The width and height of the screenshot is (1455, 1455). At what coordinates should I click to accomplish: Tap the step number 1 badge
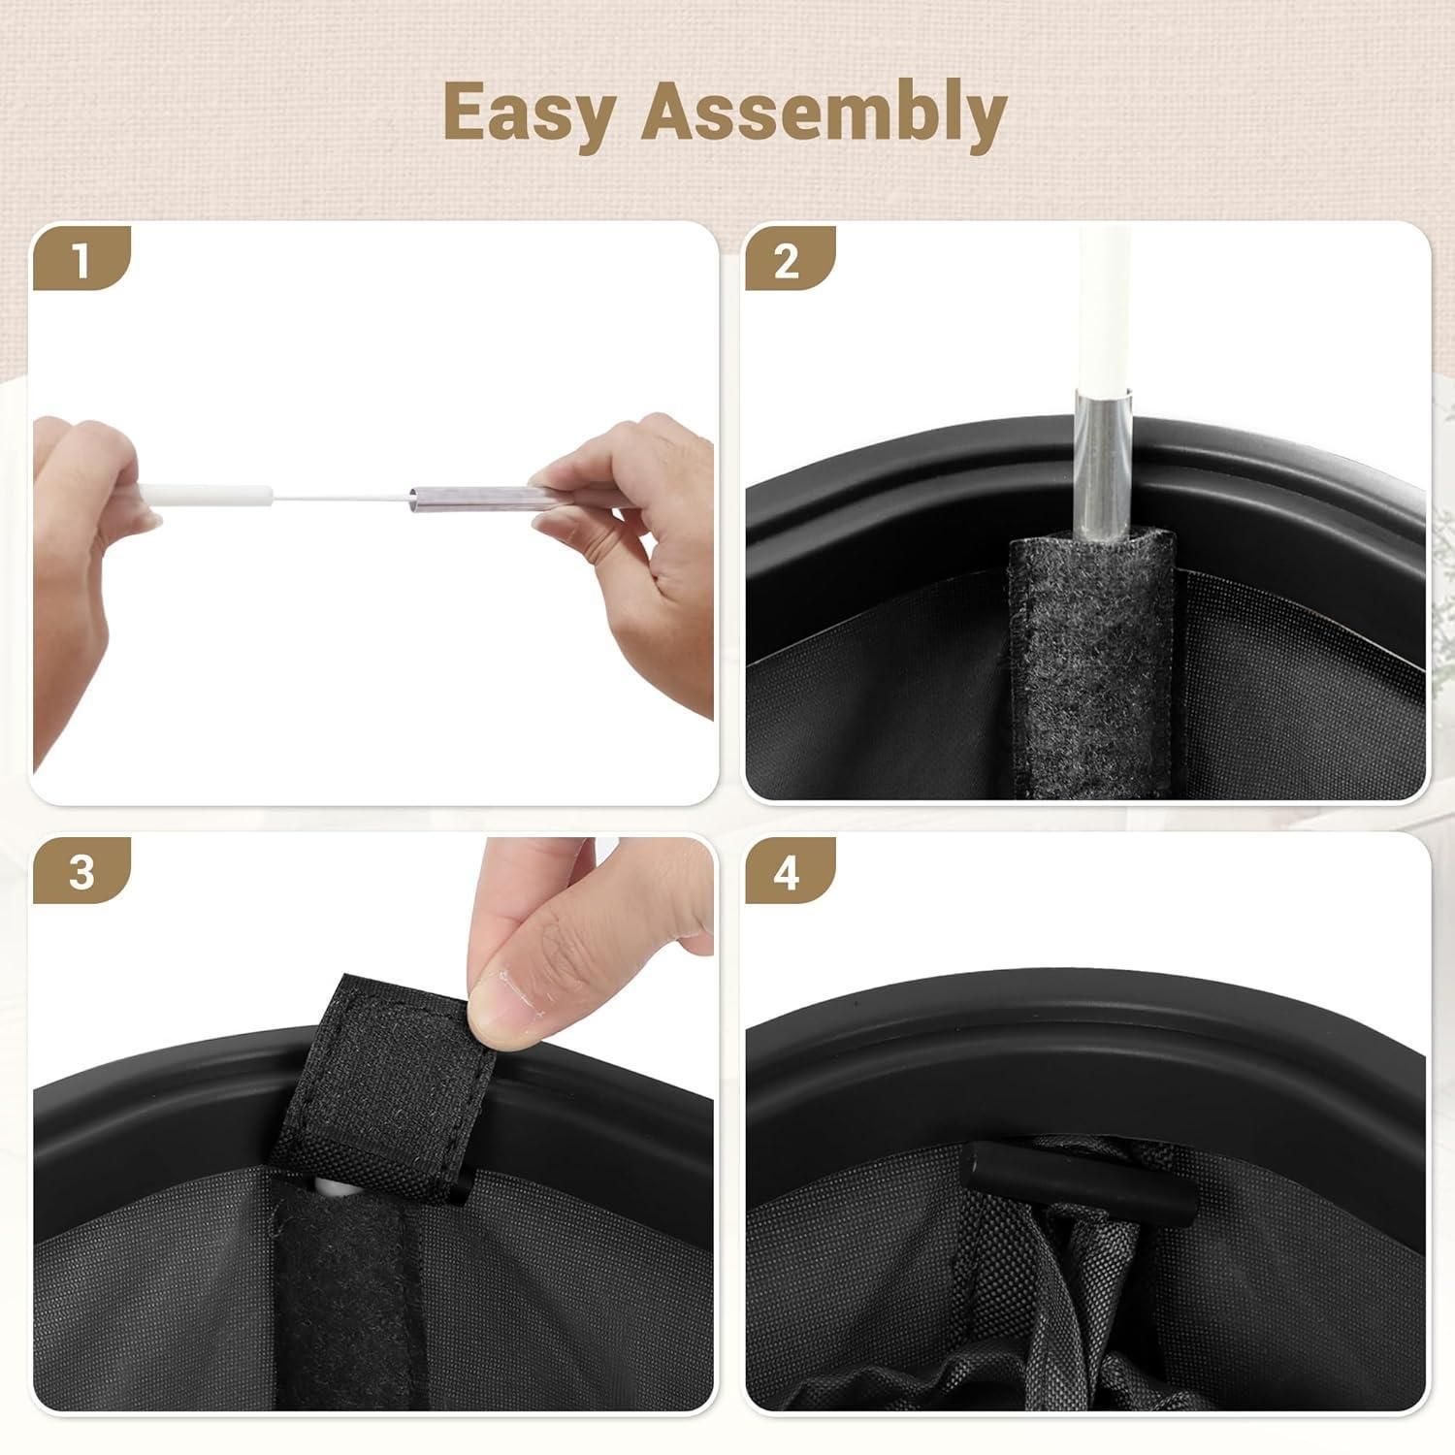click(x=81, y=260)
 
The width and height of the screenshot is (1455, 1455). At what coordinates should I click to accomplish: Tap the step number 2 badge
click(x=788, y=260)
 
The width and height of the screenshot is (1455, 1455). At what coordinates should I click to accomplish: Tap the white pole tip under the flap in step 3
click(x=324, y=1185)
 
